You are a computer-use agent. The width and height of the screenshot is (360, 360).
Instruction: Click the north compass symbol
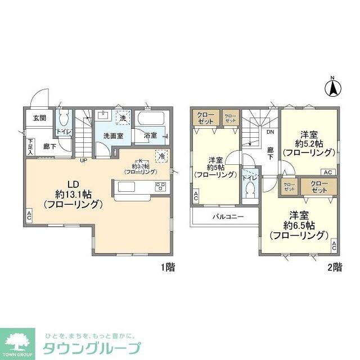pos(332,87)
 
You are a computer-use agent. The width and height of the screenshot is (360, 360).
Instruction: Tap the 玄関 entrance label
pos(39,118)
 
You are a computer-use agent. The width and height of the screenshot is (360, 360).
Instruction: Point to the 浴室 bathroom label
pos(150,136)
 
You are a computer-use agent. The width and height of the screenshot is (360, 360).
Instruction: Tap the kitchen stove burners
pos(160,187)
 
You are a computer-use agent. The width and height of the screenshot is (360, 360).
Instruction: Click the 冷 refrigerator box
pos(162,156)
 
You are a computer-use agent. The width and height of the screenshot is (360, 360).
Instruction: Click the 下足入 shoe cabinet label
pos(30,147)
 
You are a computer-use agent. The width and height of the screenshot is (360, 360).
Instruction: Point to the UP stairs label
pos(83,161)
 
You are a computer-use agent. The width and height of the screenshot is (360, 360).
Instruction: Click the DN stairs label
pos(270,133)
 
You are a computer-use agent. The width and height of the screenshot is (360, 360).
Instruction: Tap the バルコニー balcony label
pos(228,216)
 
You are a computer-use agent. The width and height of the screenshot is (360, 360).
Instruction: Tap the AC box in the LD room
pos(29,215)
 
